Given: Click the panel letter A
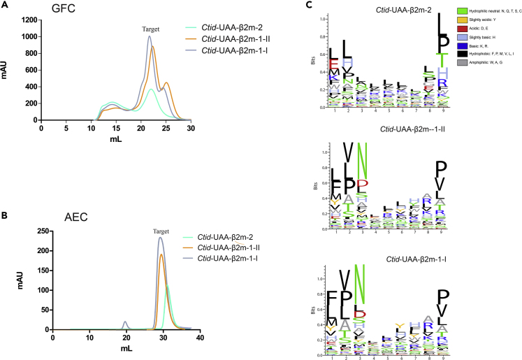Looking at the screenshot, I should [5, 6].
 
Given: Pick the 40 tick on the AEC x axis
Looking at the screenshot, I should [199, 338].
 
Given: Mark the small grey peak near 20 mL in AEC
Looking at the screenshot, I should [125, 324].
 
